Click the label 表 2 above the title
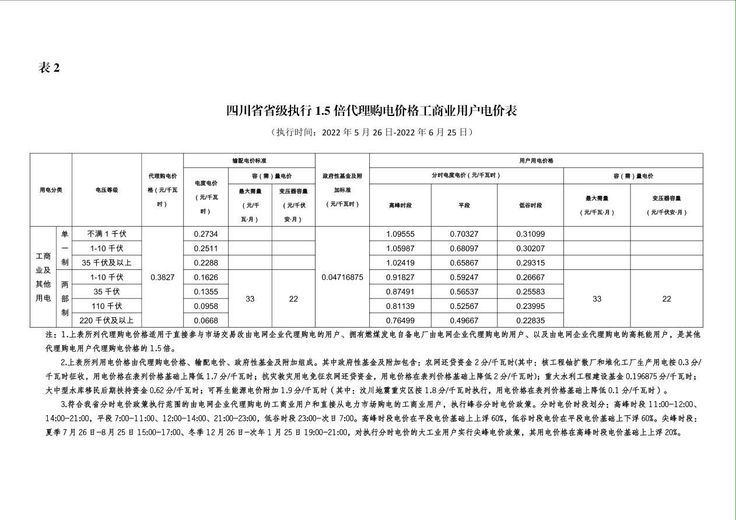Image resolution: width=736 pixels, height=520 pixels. tap(49, 68)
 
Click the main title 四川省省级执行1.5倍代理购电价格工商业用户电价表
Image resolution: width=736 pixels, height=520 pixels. tap(371, 111)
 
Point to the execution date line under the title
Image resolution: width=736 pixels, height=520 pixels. tap(371, 132)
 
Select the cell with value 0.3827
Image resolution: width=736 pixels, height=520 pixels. tap(162, 277)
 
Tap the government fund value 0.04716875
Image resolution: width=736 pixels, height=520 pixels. tap(342, 277)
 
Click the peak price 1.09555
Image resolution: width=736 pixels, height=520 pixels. tap(400, 234)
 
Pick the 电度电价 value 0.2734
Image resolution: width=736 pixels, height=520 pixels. tap(205, 234)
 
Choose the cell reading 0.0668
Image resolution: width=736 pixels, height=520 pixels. tap(205, 321)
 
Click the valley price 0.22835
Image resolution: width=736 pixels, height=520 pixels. tap(530, 321)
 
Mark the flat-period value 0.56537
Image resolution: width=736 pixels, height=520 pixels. tap(464, 291)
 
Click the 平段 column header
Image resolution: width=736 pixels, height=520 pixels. tap(464, 205)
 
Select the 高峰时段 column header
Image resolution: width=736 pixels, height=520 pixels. tap(400, 205)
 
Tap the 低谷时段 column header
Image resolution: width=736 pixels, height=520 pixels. tap(530, 205)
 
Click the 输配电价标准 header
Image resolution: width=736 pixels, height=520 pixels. tap(249, 161)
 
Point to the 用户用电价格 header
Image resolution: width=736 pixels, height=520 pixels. tap(536, 161)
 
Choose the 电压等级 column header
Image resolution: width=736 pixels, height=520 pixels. tap(107, 190)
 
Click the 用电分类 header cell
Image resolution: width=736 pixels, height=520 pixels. tap(51, 190)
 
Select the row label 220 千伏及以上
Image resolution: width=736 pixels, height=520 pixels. tap(107, 321)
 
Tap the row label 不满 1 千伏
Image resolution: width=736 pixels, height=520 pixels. tap(107, 234)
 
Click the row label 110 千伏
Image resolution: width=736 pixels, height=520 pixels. tap(107, 306)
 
